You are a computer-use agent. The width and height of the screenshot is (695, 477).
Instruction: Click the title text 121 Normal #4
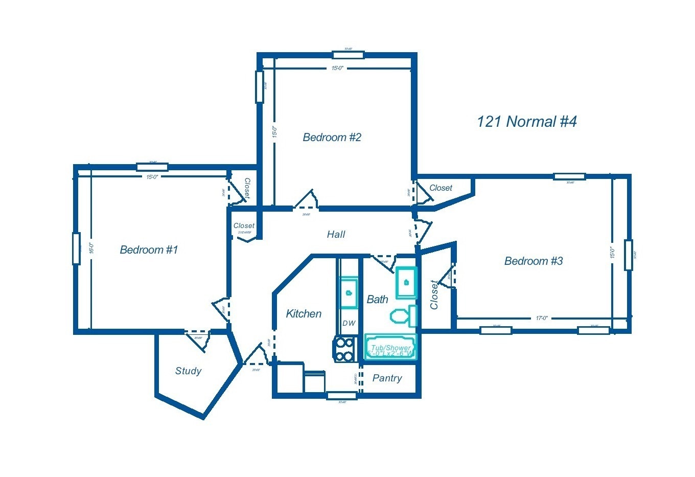click(x=526, y=122)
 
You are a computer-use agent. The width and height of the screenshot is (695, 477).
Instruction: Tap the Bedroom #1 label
click(x=149, y=250)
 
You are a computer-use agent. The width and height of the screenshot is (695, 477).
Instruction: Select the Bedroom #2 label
click(x=332, y=138)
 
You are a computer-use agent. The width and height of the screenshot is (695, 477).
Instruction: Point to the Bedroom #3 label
click(x=533, y=261)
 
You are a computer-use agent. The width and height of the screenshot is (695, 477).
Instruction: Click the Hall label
click(x=336, y=235)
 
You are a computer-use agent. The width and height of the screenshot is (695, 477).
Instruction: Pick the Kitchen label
click(x=304, y=314)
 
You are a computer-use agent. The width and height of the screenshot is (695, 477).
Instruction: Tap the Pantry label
click(x=387, y=378)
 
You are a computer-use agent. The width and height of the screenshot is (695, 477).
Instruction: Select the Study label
click(x=188, y=371)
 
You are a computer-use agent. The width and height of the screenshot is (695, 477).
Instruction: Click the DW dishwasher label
click(x=349, y=323)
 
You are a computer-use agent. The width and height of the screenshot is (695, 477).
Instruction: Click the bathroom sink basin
click(x=406, y=282)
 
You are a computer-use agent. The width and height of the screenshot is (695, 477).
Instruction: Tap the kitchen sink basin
click(x=349, y=293)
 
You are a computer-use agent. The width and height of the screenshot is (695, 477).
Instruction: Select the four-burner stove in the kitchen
click(x=344, y=349)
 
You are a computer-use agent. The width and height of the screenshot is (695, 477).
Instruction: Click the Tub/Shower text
click(x=390, y=348)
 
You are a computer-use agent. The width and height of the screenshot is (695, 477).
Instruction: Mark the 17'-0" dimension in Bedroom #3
click(x=542, y=318)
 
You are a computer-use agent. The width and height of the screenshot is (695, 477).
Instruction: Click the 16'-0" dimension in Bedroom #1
click(x=91, y=248)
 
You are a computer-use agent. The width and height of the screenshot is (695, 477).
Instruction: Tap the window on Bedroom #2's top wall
click(x=348, y=55)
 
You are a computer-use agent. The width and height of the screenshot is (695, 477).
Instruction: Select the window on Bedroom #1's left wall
click(x=77, y=248)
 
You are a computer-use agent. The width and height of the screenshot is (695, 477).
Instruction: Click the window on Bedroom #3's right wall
click(x=628, y=255)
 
